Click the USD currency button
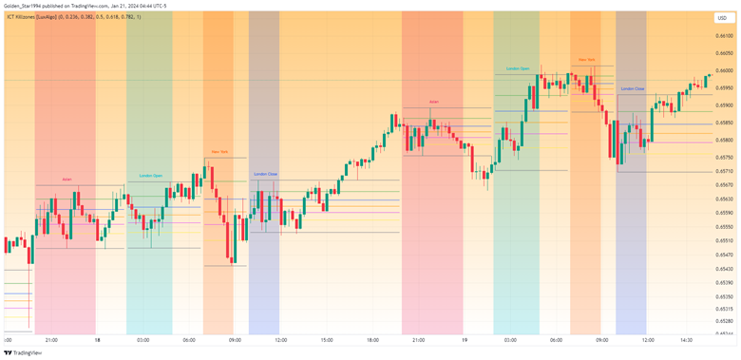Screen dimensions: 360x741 pyautogui.click(x=722, y=18)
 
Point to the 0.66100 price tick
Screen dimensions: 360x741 pyautogui.click(x=724, y=37)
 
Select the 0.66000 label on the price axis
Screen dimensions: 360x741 pyautogui.click(x=724, y=71)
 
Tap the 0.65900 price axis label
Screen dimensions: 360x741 pyautogui.click(x=724, y=105)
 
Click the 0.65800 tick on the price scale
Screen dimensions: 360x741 pyautogui.click(x=724, y=140)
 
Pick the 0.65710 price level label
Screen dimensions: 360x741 pyautogui.click(x=724, y=171)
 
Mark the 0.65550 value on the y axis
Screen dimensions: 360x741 pyautogui.click(x=724, y=227)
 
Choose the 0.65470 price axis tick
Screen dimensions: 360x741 pyautogui.click(x=724, y=255)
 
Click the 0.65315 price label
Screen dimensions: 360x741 pyautogui.click(x=724, y=309)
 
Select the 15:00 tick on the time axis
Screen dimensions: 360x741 pyautogui.click(x=326, y=339)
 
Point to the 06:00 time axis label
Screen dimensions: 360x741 pyautogui.click(x=189, y=339)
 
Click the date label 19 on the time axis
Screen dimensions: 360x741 pyautogui.click(x=465, y=339)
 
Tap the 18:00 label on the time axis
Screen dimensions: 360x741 pyautogui.click(x=372, y=339)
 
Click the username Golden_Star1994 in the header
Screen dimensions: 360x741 pyautogui.click(x=26, y=5)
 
